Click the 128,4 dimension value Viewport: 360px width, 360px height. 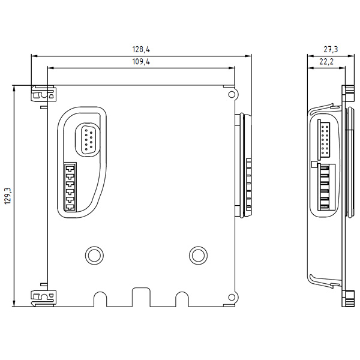(x=140, y=50)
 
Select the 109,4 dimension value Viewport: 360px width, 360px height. (x=140, y=62)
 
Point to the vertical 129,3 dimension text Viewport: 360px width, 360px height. (x=7, y=196)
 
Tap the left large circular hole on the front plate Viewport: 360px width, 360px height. (x=93, y=254)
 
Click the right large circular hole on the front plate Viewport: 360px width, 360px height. (x=197, y=254)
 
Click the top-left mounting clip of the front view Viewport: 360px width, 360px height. (x=41, y=94)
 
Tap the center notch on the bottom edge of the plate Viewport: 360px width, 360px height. (x=140, y=296)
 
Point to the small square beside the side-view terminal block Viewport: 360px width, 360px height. (x=313, y=163)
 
